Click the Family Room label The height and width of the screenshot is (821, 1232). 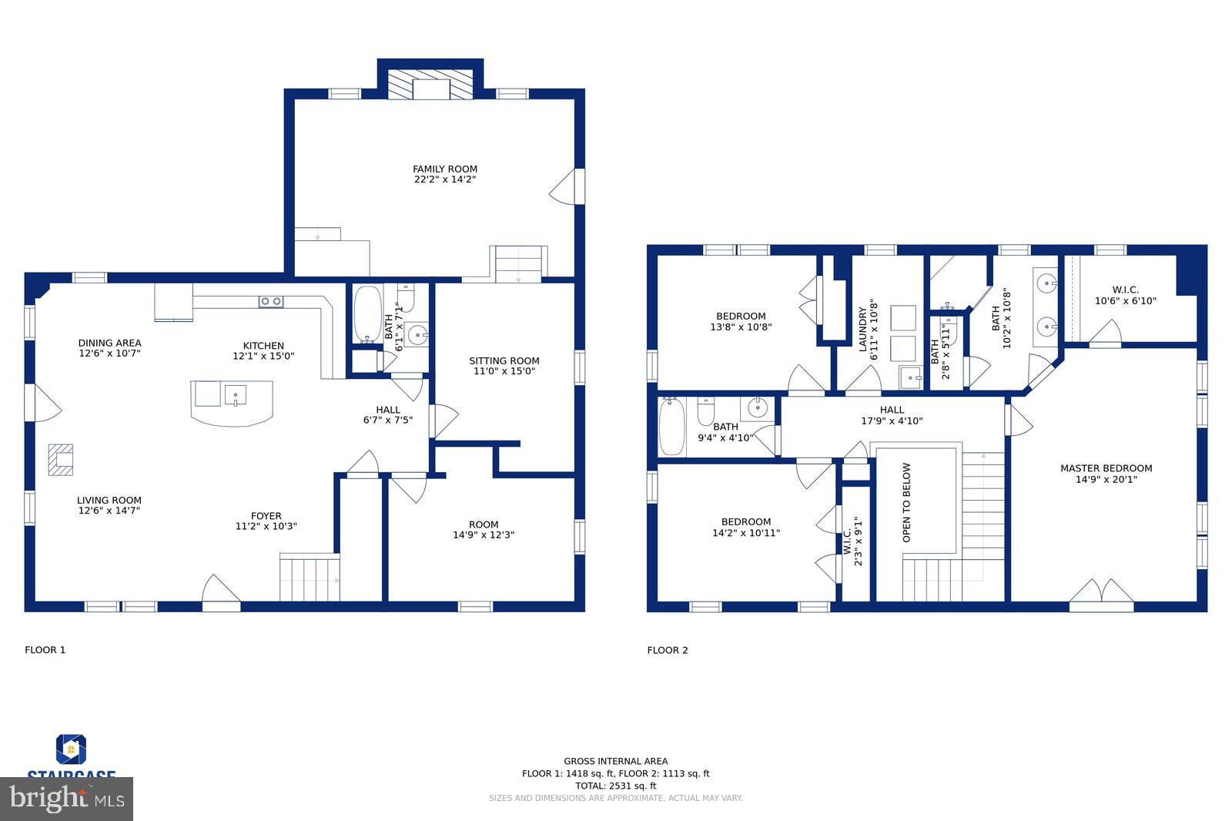[444, 169]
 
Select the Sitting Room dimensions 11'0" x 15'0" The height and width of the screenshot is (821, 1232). [504, 371]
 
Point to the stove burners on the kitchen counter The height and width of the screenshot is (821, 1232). [270, 301]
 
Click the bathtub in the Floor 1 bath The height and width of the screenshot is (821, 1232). [366, 314]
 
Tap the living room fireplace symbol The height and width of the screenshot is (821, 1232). [61, 460]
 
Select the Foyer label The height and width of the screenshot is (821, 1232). [266, 516]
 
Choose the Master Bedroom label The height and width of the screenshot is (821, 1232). [1106, 468]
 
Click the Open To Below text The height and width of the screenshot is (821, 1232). [906, 502]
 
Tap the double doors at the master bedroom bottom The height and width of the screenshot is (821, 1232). [1101, 595]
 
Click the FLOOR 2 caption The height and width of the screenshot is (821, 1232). [667, 650]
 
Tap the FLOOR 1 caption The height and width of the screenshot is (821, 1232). [45, 650]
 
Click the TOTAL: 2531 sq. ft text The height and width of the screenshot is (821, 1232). [615, 786]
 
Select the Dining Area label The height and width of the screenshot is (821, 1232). [109, 343]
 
